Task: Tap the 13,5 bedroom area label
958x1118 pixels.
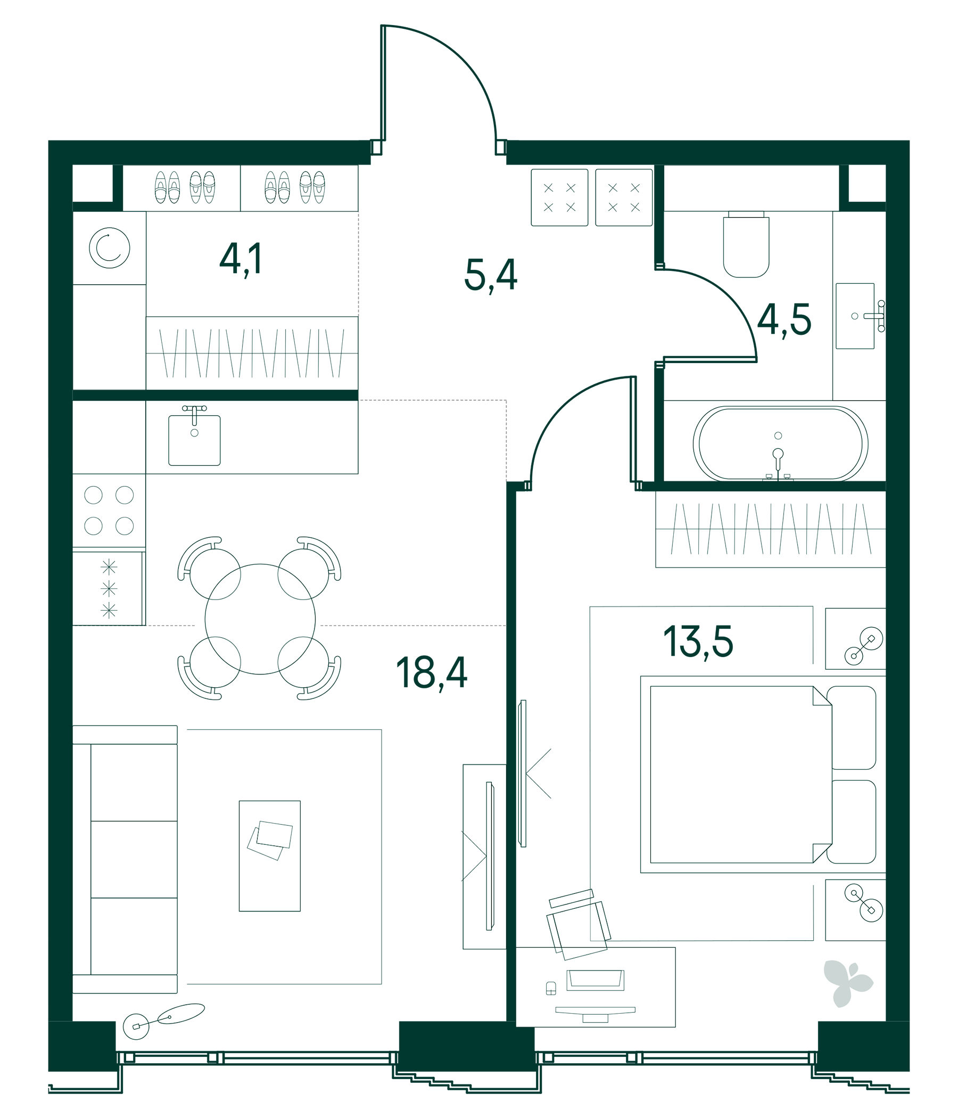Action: [698, 642]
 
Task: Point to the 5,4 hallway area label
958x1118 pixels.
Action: [490, 275]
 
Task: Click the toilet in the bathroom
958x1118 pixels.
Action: [746, 245]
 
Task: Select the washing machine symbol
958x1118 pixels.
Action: [110, 248]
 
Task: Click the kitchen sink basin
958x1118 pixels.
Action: [194, 440]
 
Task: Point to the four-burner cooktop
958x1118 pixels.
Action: [109, 510]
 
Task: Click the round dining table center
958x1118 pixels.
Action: [260, 619]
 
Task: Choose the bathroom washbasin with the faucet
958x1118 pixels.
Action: [854, 316]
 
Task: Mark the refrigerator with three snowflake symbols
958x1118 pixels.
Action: [109, 589]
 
